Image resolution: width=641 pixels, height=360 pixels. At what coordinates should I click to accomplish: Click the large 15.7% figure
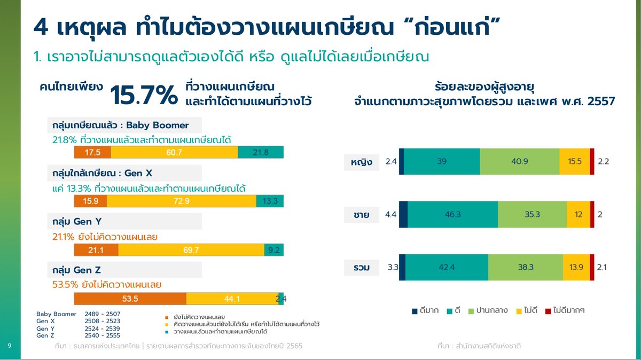point(143,95)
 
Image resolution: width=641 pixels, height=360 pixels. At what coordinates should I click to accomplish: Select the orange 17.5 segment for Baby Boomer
point(92,153)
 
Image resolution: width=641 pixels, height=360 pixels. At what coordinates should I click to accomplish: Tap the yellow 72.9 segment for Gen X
point(181,201)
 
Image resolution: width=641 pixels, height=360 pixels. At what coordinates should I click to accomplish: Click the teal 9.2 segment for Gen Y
point(273,250)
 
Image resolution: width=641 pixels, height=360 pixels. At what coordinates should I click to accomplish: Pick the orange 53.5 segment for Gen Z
point(130,299)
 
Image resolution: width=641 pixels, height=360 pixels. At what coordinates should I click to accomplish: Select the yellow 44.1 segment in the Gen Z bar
point(232,299)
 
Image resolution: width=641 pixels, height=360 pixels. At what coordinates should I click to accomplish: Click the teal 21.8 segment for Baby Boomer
point(261,153)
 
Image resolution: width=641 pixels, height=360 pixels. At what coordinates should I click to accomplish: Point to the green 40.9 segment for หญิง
point(519,161)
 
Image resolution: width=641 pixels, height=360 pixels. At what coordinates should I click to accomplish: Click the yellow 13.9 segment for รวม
point(576,267)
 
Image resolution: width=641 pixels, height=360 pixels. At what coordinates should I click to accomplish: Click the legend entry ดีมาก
point(426,310)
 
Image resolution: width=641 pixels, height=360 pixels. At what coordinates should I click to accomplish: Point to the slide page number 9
point(10,346)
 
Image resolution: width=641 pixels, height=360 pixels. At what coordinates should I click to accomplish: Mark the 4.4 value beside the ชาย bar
point(390,215)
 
